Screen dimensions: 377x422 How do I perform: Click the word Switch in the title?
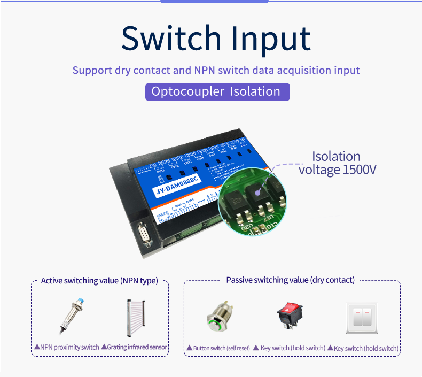point(168,38)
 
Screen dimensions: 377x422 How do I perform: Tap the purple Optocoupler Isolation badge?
point(217,91)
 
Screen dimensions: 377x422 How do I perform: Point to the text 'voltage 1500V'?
point(338,170)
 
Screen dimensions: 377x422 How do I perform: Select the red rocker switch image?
point(289,317)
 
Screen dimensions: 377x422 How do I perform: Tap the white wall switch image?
point(362,317)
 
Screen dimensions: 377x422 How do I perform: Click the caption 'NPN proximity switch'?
point(66,347)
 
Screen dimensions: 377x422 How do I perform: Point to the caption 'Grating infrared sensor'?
point(134,347)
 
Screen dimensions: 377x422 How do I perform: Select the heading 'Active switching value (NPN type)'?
point(99,281)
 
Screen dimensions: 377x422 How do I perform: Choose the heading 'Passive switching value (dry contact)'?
point(290,280)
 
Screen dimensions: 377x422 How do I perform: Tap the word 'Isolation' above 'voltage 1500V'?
point(336,157)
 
